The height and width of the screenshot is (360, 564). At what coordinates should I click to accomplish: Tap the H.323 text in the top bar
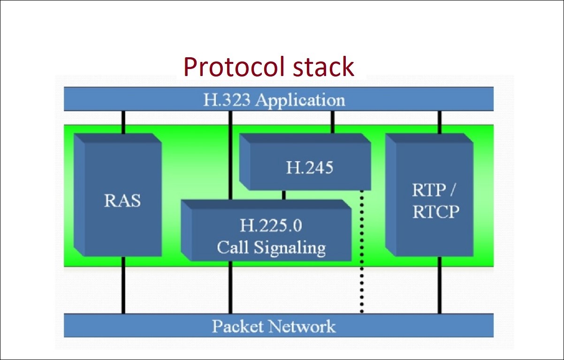tap(226, 100)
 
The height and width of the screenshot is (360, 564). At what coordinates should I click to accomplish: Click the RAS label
tap(122, 200)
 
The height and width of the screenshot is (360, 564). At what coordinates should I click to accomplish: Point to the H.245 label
tap(309, 167)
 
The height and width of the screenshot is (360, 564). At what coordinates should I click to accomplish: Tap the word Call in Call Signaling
tap(233, 247)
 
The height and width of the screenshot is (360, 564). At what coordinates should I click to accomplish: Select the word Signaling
tap(290, 247)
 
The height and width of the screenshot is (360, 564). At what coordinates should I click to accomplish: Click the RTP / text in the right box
tap(435, 191)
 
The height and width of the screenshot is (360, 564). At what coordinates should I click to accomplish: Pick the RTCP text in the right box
tap(435, 212)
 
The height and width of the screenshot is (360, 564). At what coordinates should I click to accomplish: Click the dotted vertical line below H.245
tap(362, 253)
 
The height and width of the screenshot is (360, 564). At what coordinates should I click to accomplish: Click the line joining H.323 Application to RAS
tap(123, 122)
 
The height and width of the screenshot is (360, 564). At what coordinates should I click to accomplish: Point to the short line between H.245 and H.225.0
tap(283, 194)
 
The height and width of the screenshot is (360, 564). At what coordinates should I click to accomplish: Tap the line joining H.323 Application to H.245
tap(332, 122)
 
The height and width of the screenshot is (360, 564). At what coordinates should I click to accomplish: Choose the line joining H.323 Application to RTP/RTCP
tap(440, 122)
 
